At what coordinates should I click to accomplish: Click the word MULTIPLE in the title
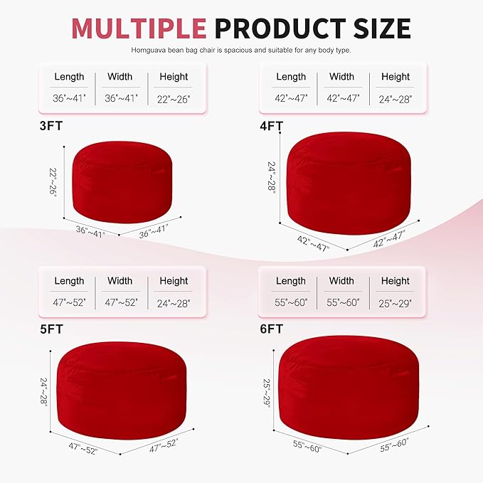click(139, 28)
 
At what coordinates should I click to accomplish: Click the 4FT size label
click(272, 127)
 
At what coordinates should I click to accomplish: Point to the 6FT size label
click(272, 329)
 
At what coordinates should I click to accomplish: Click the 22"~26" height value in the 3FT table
click(174, 98)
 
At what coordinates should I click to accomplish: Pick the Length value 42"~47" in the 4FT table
click(291, 98)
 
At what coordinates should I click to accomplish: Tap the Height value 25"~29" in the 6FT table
click(396, 302)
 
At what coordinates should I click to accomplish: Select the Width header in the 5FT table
click(120, 281)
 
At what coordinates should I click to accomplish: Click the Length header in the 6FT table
click(291, 281)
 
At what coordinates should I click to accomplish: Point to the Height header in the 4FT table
click(396, 77)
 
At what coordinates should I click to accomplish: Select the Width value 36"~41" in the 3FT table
click(120, 98)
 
